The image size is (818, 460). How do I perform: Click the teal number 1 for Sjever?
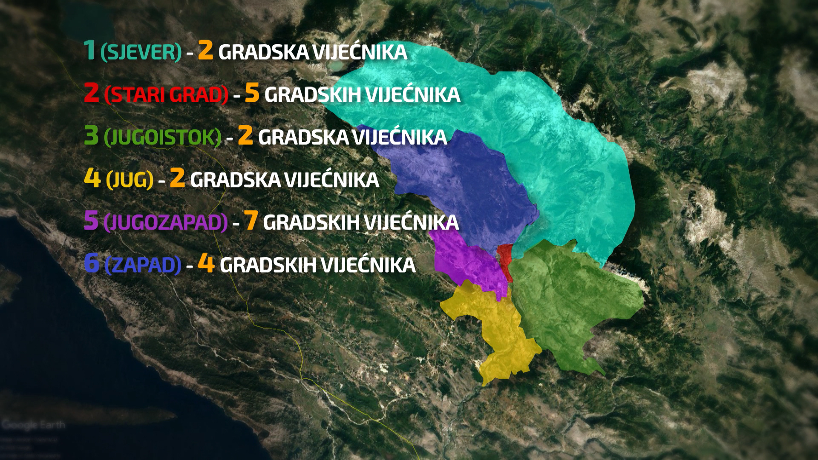point(89,50)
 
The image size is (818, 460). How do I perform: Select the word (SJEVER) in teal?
point(141,52)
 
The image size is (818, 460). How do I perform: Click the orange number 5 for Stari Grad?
point(252,93)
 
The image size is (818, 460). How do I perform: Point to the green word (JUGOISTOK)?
point(163,137)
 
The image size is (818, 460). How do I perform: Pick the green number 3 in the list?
point(91,135)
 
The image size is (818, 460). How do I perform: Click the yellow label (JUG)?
point(130,180)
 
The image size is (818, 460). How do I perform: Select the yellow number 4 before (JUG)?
point(92,178)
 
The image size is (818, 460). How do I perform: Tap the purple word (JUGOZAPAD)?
point(166,222)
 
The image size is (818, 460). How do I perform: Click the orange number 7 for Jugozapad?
point(251,221)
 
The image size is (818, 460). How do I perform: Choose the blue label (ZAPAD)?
point(143,265)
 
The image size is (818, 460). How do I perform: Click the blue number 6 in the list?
point(91,263)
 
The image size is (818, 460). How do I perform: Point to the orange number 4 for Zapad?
point(206,264)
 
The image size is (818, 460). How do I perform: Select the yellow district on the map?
point(498,328)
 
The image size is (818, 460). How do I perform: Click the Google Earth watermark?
point(33,425)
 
